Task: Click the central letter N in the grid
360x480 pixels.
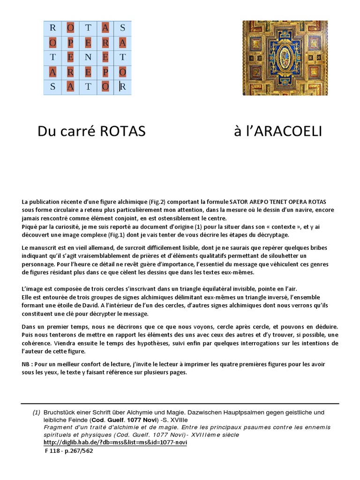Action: coord(88,57)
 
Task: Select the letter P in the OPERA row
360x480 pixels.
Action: coord(70,43)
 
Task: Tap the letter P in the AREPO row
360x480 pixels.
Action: coord(105,72)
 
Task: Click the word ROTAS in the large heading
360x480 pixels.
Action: coord(123,132)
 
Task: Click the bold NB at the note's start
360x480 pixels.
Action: coord(27,364)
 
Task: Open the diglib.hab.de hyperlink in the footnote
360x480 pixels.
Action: coord(115,442)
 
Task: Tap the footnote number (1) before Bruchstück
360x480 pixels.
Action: coord(36,412)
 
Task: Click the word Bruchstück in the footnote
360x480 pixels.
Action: coord(60,412)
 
